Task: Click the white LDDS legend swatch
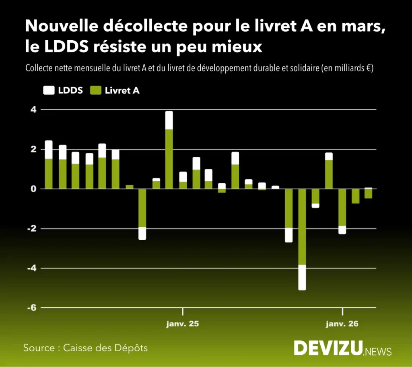(x=48, y=91)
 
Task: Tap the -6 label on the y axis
(x=31, y=308)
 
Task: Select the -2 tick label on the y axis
(x=31, y=228)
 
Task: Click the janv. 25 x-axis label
(x=183, y=323)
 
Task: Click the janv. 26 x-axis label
(x=342, y=323)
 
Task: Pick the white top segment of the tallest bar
(x=169, y=120)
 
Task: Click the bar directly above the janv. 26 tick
(x=342, y=211)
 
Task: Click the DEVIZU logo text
(x=328, y=348)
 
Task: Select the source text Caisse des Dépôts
(x=105, y=348)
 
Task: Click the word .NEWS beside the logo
(x=377, y=351)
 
